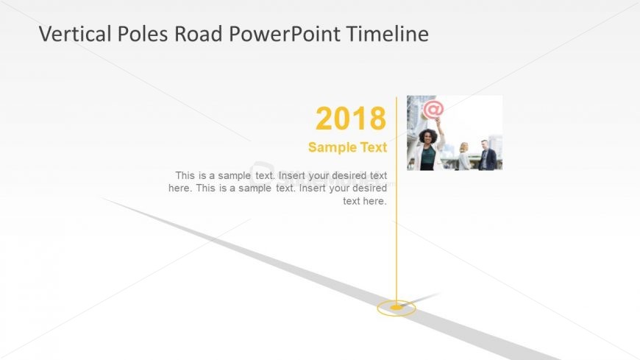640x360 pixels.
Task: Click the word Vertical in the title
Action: coord(75,34)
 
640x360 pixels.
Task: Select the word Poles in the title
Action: coord(143,34)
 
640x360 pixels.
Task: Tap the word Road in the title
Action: coord(199,34)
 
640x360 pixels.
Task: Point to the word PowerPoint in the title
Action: coord(285,34)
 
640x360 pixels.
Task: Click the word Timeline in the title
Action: coord(388,34)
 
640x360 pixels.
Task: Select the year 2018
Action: coord(351,119)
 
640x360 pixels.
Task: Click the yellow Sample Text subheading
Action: coord(347,147)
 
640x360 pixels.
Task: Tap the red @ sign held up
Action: coord(433,110)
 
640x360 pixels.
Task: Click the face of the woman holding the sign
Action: coord(427,138)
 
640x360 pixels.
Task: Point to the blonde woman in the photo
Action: coord(464,156)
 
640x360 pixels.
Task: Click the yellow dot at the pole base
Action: coord(396,307)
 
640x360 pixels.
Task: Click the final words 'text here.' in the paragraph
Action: coord(364,201)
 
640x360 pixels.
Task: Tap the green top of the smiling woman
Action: coord(427,158)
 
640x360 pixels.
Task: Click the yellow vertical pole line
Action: coord(396,201)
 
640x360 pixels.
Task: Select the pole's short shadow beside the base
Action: coord(420,299)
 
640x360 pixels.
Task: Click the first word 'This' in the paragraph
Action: coord(185,175)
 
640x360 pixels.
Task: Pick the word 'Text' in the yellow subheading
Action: coord(374,147)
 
